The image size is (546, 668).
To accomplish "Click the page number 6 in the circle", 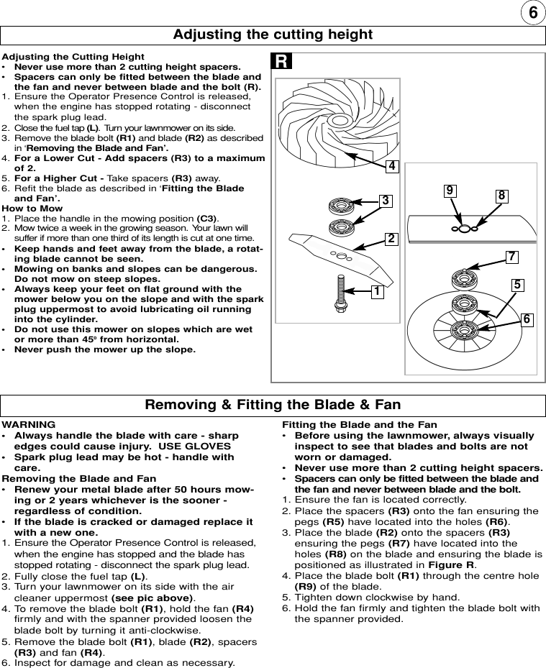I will point(531,14).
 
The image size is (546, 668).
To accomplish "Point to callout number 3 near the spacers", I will point(386,201).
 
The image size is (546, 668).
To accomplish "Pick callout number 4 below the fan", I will point(391,166).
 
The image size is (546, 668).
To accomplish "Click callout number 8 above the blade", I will point(501,195).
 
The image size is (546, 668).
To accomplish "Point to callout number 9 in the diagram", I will point(450,191).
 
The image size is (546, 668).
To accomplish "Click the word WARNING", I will point(29,425).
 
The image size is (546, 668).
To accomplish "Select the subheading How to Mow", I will point(32,209).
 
